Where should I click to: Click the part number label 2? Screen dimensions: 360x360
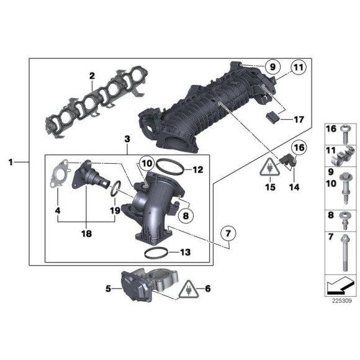(91, 76)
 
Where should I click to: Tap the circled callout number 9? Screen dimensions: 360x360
(270, 66)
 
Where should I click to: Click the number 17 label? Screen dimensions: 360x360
(299, 118)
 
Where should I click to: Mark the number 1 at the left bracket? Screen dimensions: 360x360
(11, 162)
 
